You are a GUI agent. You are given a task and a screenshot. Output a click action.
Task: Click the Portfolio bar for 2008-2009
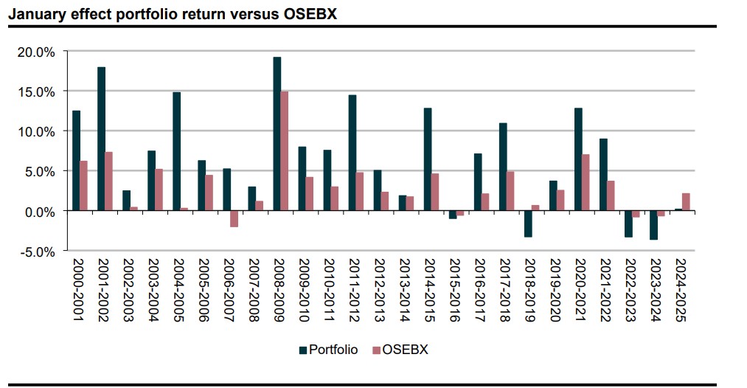pos(277,134)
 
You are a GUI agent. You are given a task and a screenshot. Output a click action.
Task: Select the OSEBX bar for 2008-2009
pos(285,151)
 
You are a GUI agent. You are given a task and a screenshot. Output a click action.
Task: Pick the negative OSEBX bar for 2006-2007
pos(234,218)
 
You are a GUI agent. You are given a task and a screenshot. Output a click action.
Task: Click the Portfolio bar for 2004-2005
pos(177,151)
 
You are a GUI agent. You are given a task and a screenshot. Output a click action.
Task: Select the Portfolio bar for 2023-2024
pos(653,225)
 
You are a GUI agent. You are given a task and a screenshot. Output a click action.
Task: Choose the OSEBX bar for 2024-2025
pos(687,202)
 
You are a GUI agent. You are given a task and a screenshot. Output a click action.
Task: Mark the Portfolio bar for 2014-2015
pos(428,159)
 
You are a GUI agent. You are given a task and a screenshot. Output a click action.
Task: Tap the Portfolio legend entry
pos(328,350)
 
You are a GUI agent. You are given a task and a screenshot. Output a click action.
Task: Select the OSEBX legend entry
pos(401,350)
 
